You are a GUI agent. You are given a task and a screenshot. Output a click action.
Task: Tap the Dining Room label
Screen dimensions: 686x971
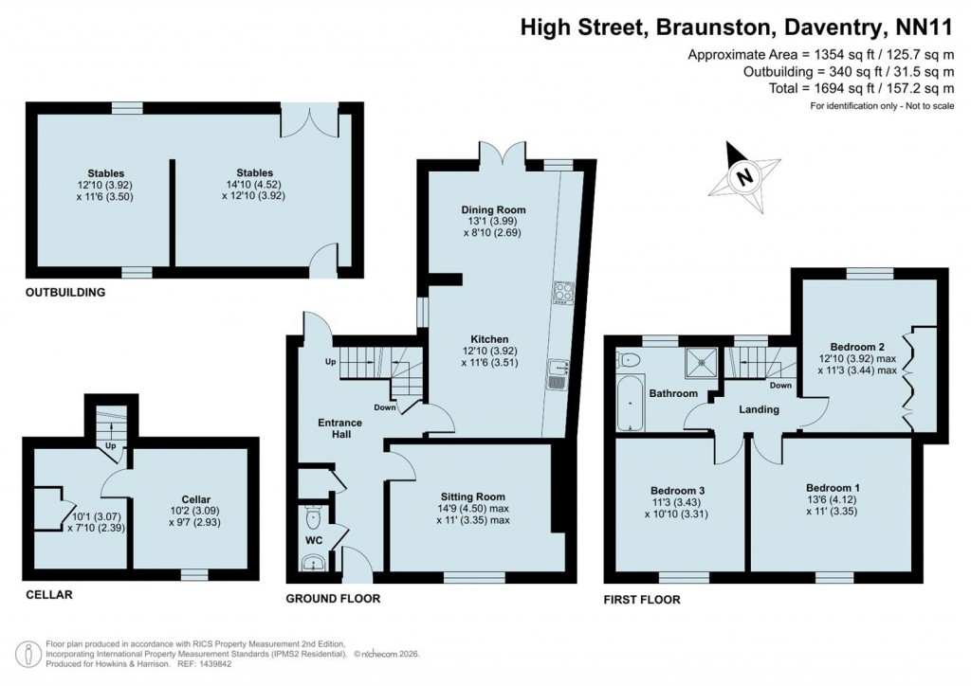[493, 209]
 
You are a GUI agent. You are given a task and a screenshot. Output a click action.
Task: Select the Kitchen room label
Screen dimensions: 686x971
[492, 339]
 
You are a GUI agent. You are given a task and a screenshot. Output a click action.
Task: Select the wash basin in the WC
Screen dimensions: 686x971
[312, 563]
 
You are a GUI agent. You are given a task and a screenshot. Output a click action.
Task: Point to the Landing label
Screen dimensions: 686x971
[760, 409]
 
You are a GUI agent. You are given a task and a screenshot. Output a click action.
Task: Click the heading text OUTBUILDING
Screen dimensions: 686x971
[65, 293]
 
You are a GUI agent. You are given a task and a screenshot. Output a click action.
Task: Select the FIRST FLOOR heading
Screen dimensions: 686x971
[642, 600]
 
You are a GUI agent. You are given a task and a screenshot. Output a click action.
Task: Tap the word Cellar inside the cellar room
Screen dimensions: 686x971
[195, 499]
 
